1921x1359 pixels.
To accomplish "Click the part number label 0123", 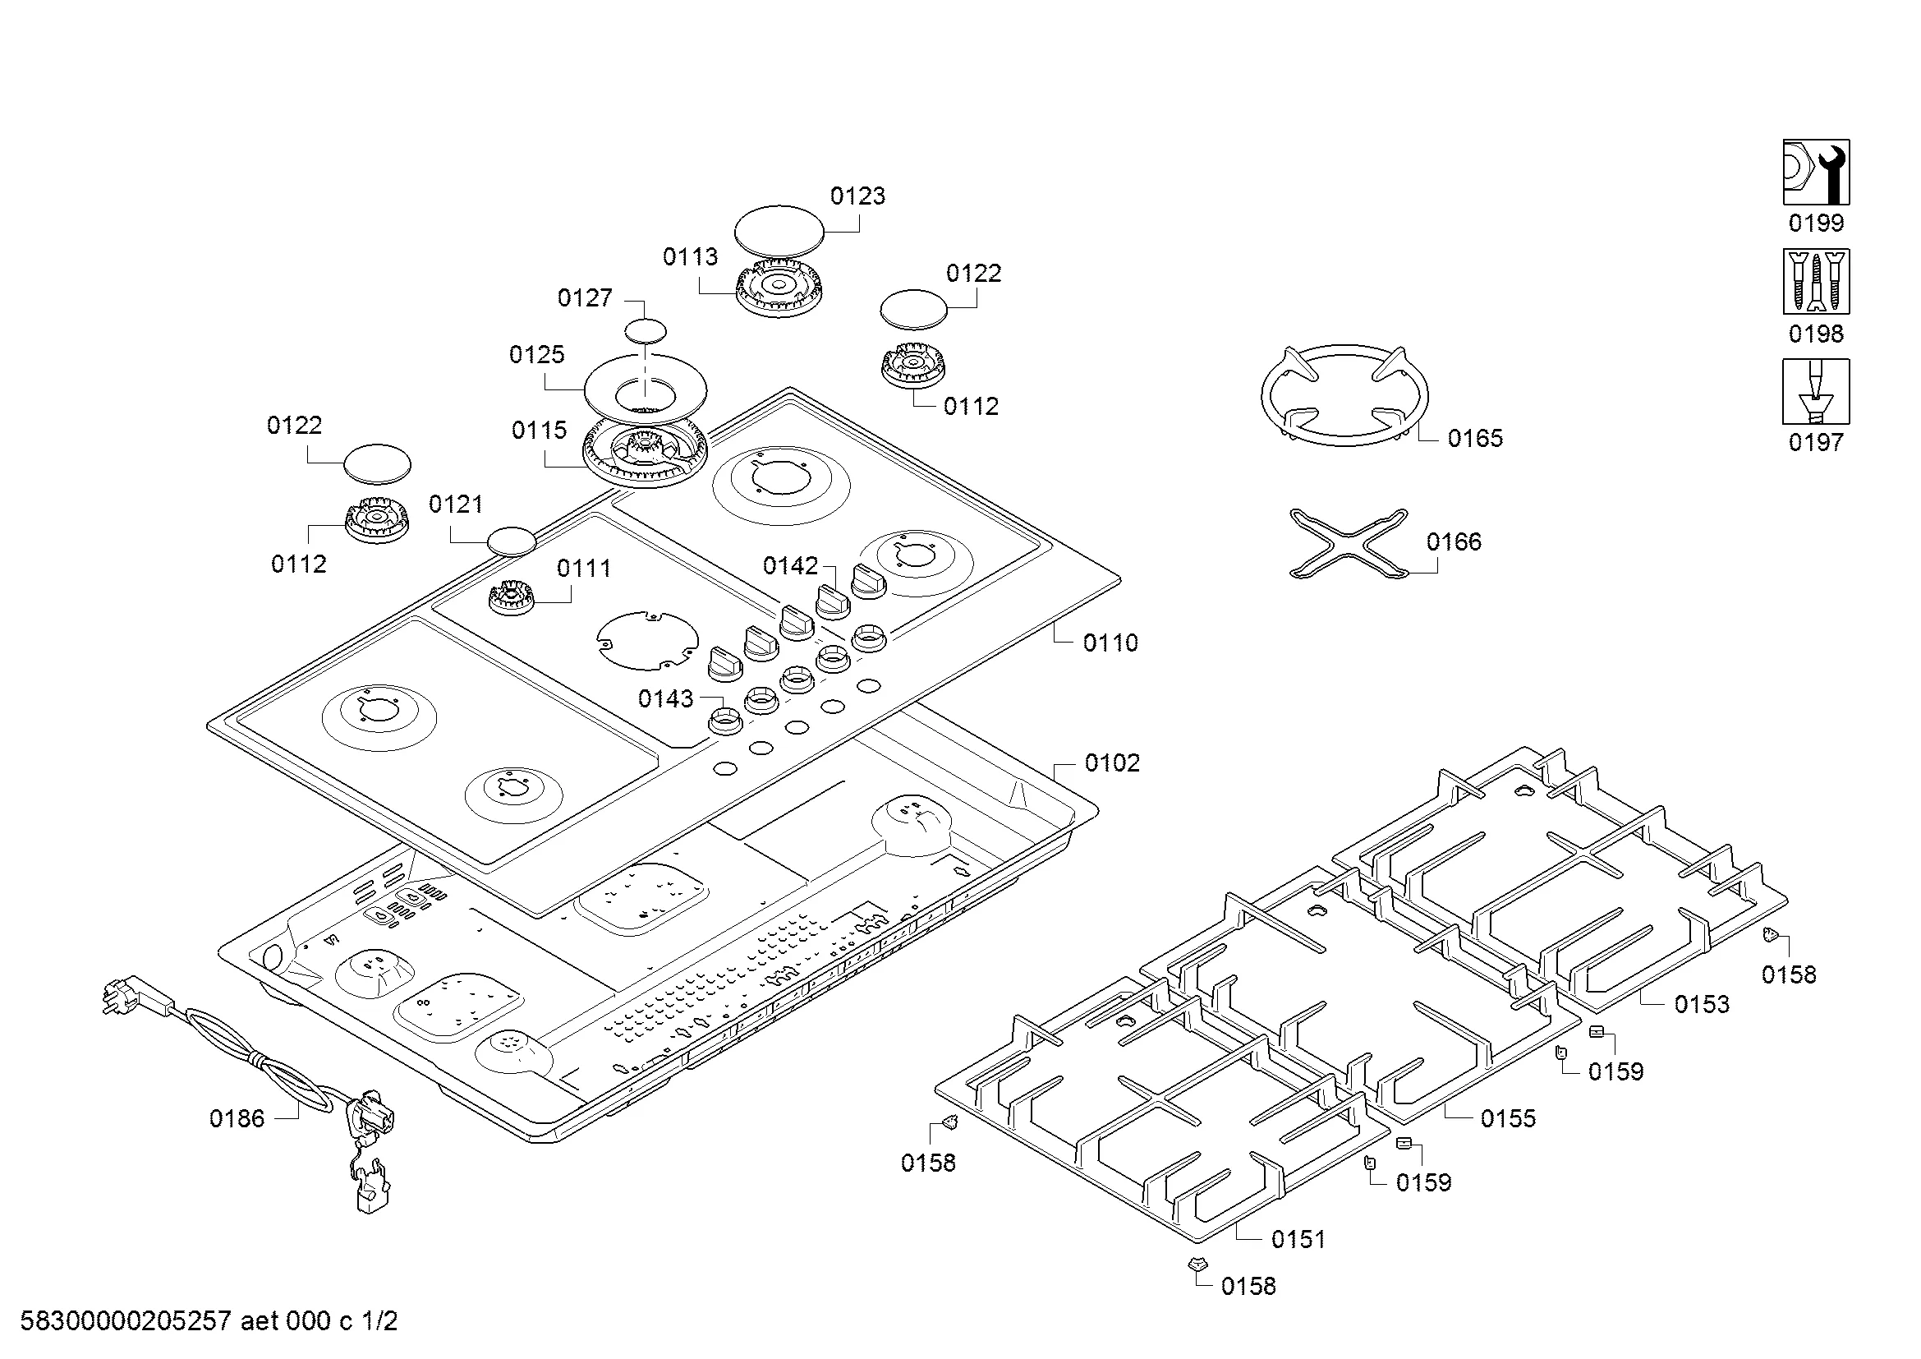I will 857,196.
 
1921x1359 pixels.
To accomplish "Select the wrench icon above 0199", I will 1816,172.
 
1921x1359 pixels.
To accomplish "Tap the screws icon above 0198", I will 1816,281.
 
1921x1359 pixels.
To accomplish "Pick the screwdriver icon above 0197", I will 1816,392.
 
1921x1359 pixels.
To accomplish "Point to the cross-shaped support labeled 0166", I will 1349,544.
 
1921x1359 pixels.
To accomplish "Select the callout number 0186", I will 237,1119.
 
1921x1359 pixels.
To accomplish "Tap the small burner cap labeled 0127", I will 646,331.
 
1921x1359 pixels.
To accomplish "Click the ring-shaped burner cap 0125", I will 645,389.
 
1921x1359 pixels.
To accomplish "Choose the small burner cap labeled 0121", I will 511,541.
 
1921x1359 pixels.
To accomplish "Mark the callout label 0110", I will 1110,643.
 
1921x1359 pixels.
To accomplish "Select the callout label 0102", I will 1112,763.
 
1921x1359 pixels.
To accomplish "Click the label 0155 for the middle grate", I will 1508,1119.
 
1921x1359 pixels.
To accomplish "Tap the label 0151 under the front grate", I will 1298,1239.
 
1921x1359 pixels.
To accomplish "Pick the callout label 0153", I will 1701,1004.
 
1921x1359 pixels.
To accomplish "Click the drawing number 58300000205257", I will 126,1321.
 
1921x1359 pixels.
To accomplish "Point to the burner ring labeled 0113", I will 778,288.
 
